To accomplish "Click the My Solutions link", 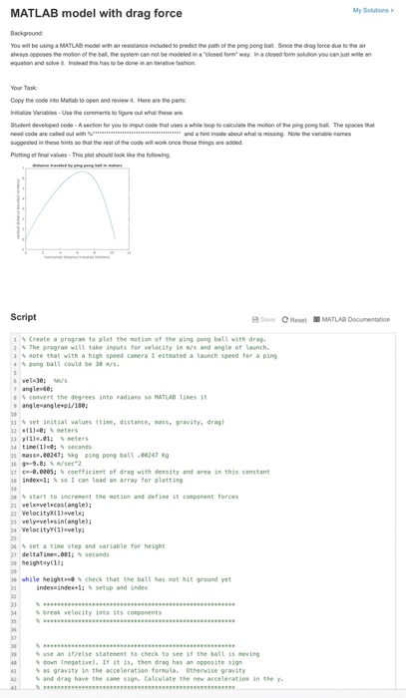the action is [372, 10].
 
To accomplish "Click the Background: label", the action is [27, 33].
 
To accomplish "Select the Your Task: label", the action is [25, 87].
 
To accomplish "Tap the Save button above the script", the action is [263, 319].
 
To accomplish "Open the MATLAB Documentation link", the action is [351, 319].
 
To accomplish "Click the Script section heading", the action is [23, 318].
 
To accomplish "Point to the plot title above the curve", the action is [77, 166].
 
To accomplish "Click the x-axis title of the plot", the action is [77, 257].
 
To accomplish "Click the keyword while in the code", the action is [30, 579].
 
